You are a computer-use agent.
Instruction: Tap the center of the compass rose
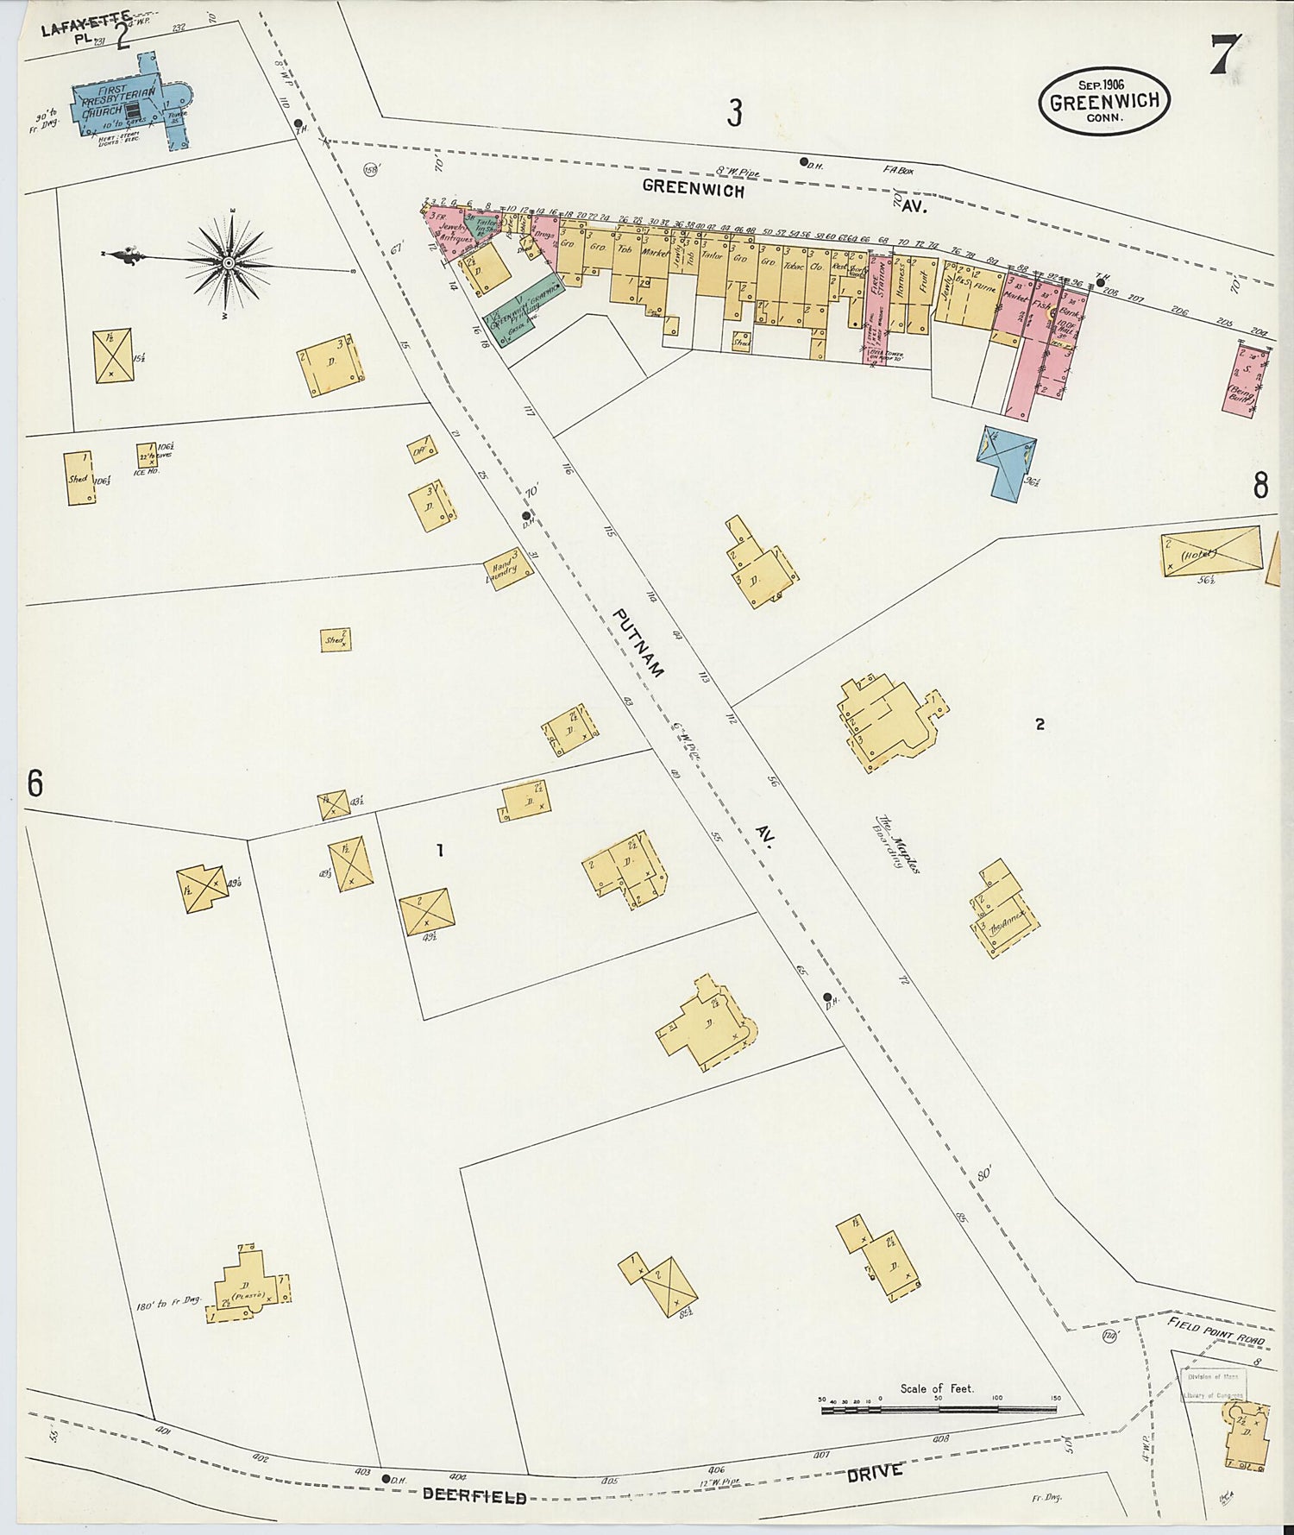(229, 262)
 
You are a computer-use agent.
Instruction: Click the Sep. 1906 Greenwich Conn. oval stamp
(1104, 101)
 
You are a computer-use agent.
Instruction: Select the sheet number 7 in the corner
(1225, 54)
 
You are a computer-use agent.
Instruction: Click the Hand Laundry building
(508, 569)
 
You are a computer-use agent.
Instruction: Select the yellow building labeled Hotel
(1210, 551)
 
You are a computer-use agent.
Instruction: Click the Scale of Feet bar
(939, 1409)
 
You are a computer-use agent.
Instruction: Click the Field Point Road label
(1216, 1330)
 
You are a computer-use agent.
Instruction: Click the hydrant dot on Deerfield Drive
(386, 1477)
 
